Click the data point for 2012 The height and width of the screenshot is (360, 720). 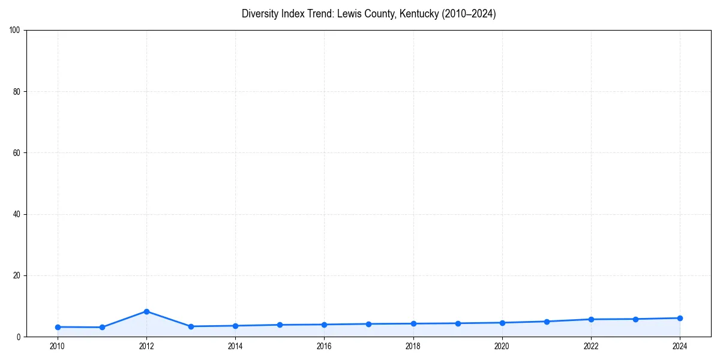point(146,311)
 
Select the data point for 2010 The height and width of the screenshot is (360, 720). point(58,327)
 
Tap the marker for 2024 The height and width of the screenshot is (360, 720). point(680,318)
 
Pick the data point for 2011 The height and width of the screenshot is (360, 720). point(102,328)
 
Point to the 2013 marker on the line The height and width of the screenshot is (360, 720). point(191,326)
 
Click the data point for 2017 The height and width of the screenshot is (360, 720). point(368,324)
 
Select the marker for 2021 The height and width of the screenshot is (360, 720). point(547,322)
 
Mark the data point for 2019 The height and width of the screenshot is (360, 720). point(458,323)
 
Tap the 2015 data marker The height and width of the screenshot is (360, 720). point(280,325)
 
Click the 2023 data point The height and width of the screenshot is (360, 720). point(635,319)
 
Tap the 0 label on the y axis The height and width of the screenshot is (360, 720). point(19,337)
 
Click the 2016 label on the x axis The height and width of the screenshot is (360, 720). point(324,346)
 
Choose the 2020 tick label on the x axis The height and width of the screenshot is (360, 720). point(502,346)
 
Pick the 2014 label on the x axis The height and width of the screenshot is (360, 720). point(235,346)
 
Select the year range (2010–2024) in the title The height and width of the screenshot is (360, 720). point(469,14)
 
